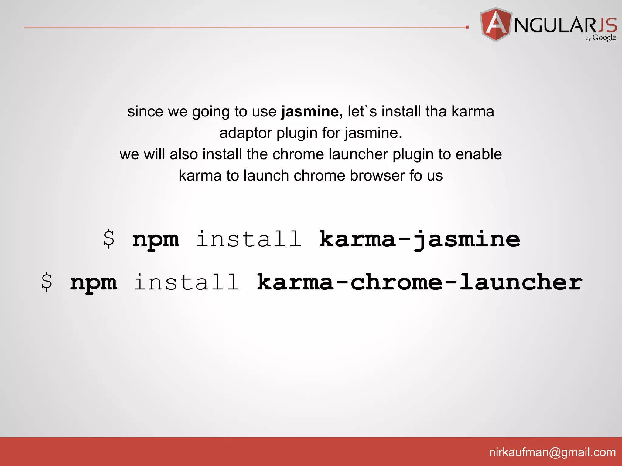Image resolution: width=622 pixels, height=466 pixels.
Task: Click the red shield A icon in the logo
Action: pos(496,24)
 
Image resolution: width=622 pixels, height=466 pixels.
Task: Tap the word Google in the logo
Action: pos(604,38)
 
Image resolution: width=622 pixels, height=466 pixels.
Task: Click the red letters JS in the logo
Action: pos(607,25)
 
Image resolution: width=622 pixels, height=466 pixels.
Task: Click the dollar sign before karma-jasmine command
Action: pos(109,239)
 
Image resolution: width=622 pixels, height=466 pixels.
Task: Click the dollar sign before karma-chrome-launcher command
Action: pos(46,282)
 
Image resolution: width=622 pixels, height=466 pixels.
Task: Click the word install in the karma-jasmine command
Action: pos(249,239)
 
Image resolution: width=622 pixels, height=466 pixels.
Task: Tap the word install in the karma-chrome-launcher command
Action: pos(186,282)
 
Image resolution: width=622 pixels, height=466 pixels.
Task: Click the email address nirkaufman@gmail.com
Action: pos(552,452)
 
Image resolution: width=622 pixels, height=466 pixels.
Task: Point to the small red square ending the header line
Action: pos(467,27)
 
